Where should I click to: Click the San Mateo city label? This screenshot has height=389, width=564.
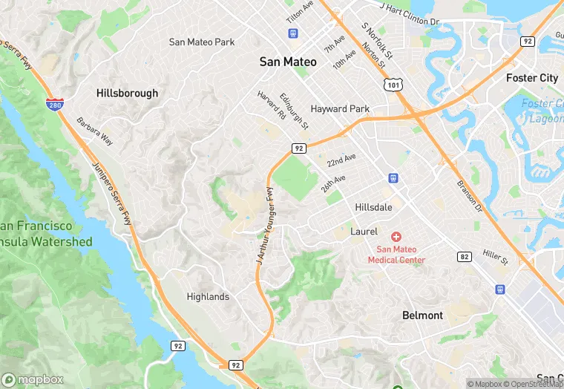click(288, 62)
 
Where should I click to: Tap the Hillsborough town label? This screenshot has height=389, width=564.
click(127, 94)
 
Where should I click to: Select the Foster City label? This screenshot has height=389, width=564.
click(531, 78)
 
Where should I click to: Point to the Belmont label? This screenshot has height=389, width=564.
click(422, 316)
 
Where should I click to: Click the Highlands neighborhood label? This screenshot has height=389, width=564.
click(208, 297)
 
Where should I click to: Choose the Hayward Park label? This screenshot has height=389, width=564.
click(340, 109)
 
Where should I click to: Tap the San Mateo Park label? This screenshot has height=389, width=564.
click(202, 42)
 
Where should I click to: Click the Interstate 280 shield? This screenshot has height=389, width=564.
click(53, 105)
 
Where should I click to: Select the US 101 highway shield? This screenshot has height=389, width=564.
click(392, 85)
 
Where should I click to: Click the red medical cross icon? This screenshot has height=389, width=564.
click(396, 236)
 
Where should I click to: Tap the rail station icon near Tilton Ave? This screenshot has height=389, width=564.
click(293, 33)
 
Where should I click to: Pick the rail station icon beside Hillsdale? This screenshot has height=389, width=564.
click(393, 178)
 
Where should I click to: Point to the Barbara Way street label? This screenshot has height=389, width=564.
click(97, 134)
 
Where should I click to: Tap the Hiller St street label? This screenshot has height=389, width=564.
click(494, 258)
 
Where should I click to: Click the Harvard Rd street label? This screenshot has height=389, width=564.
click(271, 106)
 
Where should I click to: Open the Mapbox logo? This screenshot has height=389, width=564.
click(33, 379)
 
